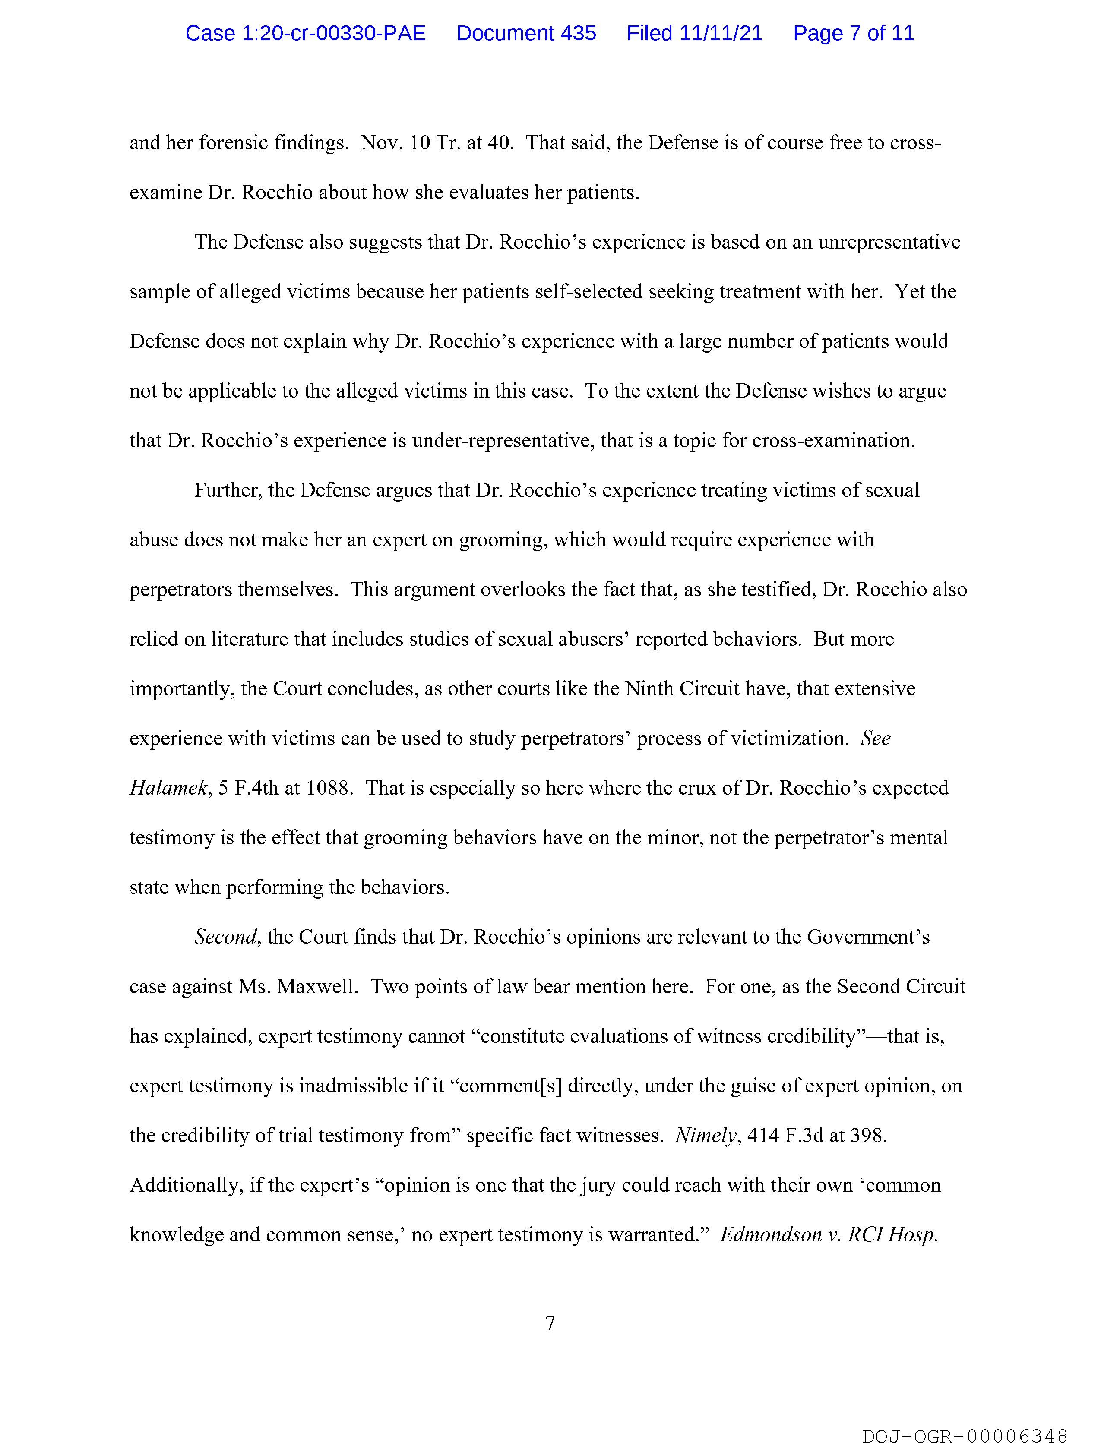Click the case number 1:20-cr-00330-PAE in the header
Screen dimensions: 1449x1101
tap(305, 33)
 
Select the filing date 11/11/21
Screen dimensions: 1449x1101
tap(721, 33)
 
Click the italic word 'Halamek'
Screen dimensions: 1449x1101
tap(168, 788)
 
